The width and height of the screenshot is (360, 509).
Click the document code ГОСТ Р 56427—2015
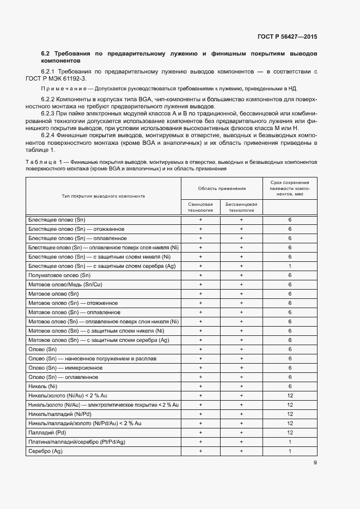pos(287,36)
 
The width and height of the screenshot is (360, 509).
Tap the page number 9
pos(315,463)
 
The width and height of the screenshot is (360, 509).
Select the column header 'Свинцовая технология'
pos(200,207)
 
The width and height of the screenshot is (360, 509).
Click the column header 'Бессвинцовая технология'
pos(241,207)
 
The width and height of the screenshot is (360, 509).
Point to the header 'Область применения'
pos(221,188)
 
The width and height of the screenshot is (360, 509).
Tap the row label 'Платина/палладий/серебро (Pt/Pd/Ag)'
pos(77,441)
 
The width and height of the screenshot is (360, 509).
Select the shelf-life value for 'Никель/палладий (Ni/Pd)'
pos(290,414)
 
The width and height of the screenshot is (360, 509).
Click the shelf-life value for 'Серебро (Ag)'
pos(290,451)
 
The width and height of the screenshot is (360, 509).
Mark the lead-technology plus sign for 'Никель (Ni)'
pos(200,386)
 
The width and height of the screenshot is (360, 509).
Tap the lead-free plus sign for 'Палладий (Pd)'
pos(241,432)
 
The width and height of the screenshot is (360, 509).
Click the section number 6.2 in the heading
pos(46,54)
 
